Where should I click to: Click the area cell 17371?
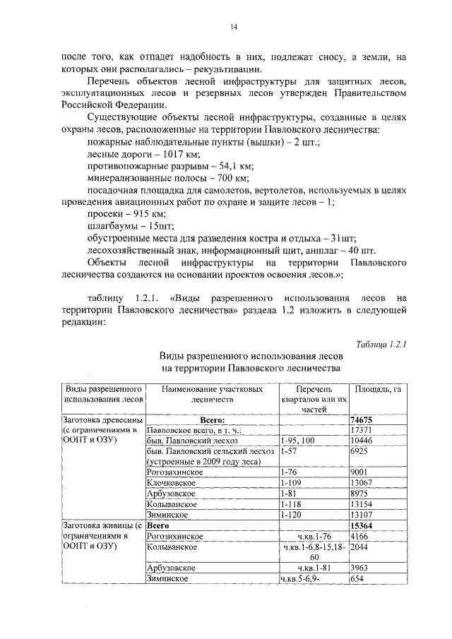[x=363, y=429]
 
